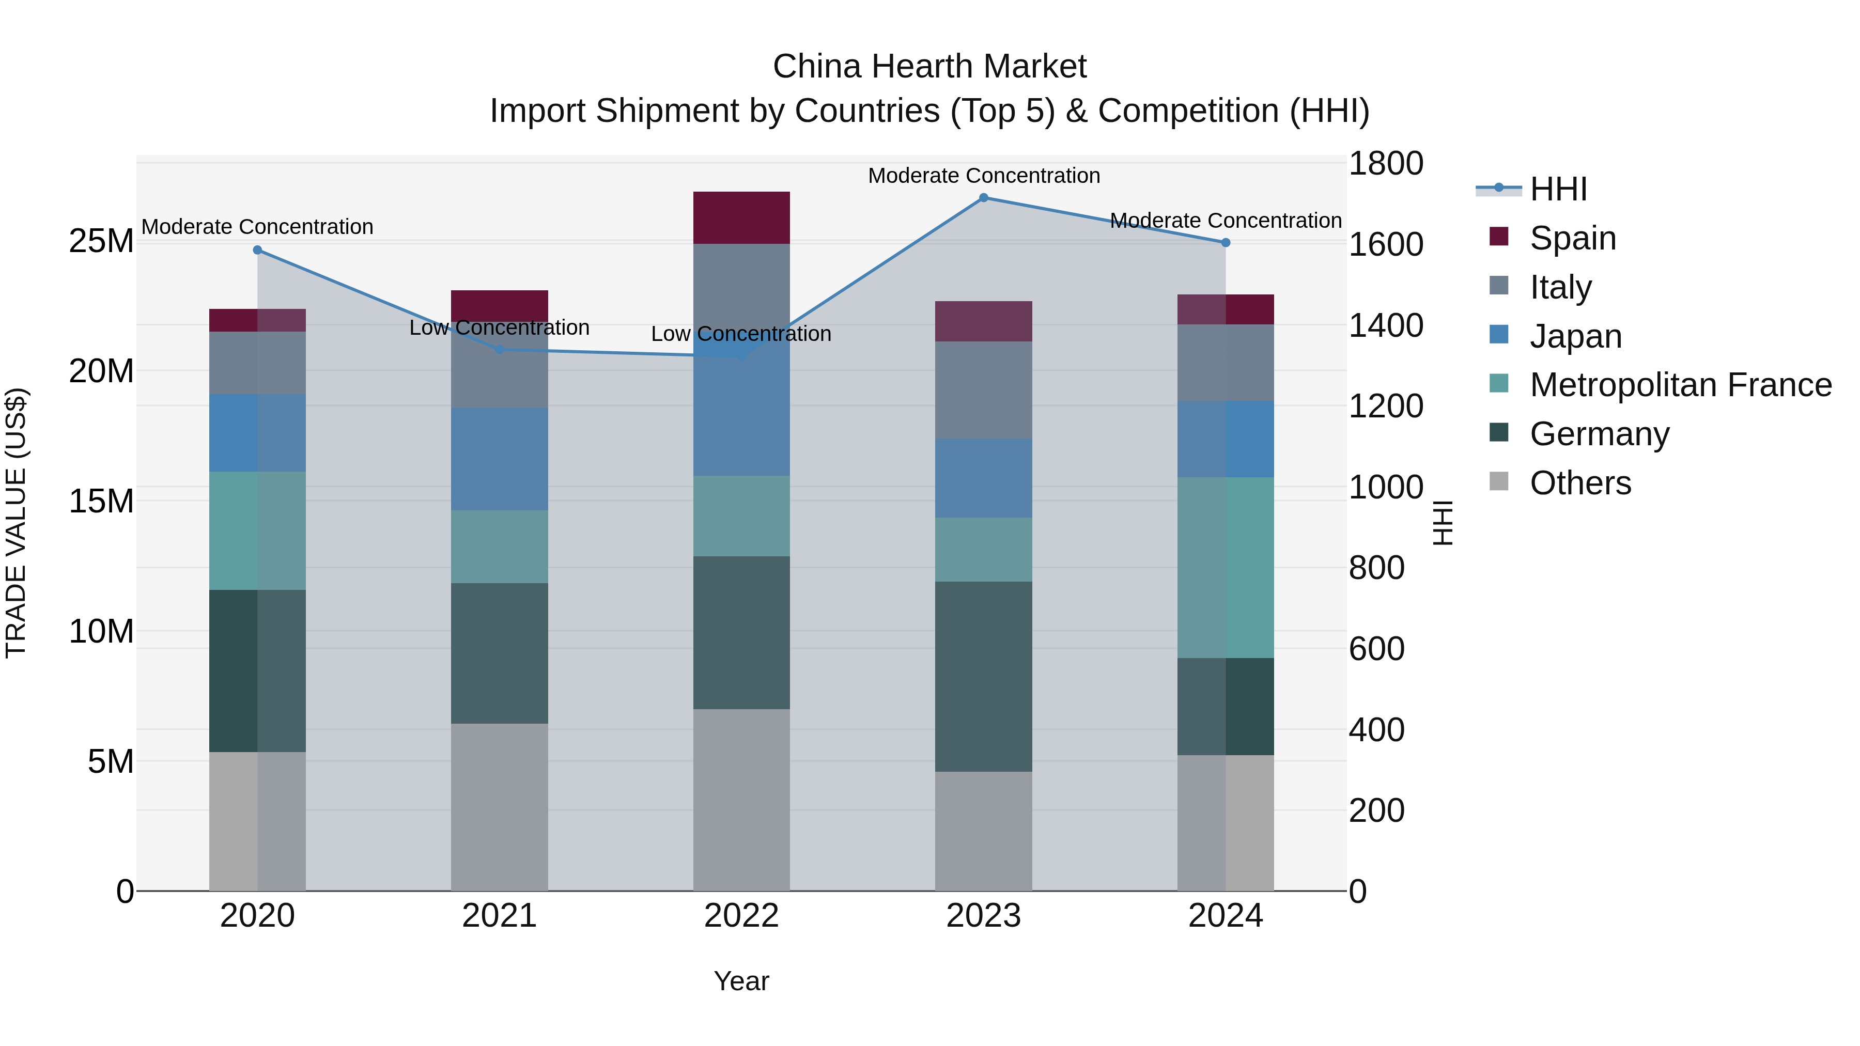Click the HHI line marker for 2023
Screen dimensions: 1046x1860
[x=983, y=198]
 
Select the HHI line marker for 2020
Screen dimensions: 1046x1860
[x=258, y=251]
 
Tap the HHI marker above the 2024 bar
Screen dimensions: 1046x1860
[x=1226, y=243]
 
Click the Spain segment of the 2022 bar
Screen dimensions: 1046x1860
[x=741, y=218]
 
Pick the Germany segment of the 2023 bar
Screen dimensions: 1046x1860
[x=983, y=676]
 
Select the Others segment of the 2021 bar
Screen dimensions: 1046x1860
[x=500, y=807]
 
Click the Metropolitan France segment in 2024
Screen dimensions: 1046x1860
[x=1226, y=567]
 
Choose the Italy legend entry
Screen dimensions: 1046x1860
[x=1560, y=287]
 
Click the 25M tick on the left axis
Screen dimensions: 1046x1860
[x=101, y=241]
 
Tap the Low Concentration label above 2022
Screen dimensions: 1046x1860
[x=741, y=334]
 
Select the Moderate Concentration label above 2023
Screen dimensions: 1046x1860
[x=983, y=176]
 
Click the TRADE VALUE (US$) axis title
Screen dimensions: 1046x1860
[x=17, y=523]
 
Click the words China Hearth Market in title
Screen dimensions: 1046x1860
[x=929, y=67]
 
